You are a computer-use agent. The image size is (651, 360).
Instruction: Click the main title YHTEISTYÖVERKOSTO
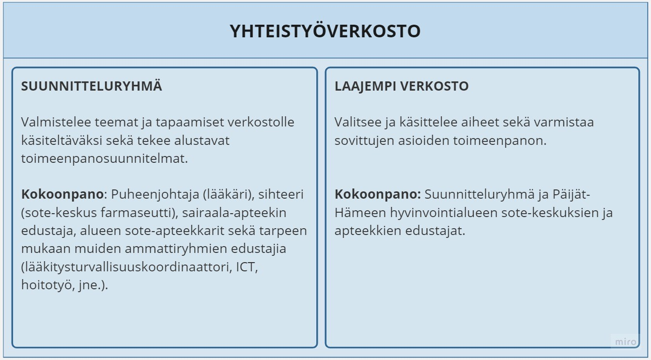click(x=325, y=31)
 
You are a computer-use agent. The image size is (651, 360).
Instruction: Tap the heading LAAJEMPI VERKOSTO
click(x=402, y=86)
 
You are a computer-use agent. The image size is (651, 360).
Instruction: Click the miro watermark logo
click(x=626, y=342)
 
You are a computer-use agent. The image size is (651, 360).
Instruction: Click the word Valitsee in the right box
click(x=358, y=122)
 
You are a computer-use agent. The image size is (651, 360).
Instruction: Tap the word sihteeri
click(x=281, y=194)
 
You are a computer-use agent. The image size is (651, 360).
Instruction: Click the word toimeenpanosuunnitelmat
click(x=105, y=159)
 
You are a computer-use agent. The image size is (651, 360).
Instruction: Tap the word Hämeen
click(x=360, y=213)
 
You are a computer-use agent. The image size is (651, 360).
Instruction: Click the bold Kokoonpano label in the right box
click(x=377, y=195)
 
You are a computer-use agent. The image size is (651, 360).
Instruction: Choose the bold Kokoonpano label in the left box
click(x=62, y=195)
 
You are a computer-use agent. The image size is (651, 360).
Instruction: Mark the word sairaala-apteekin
click(x=234, y=213)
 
